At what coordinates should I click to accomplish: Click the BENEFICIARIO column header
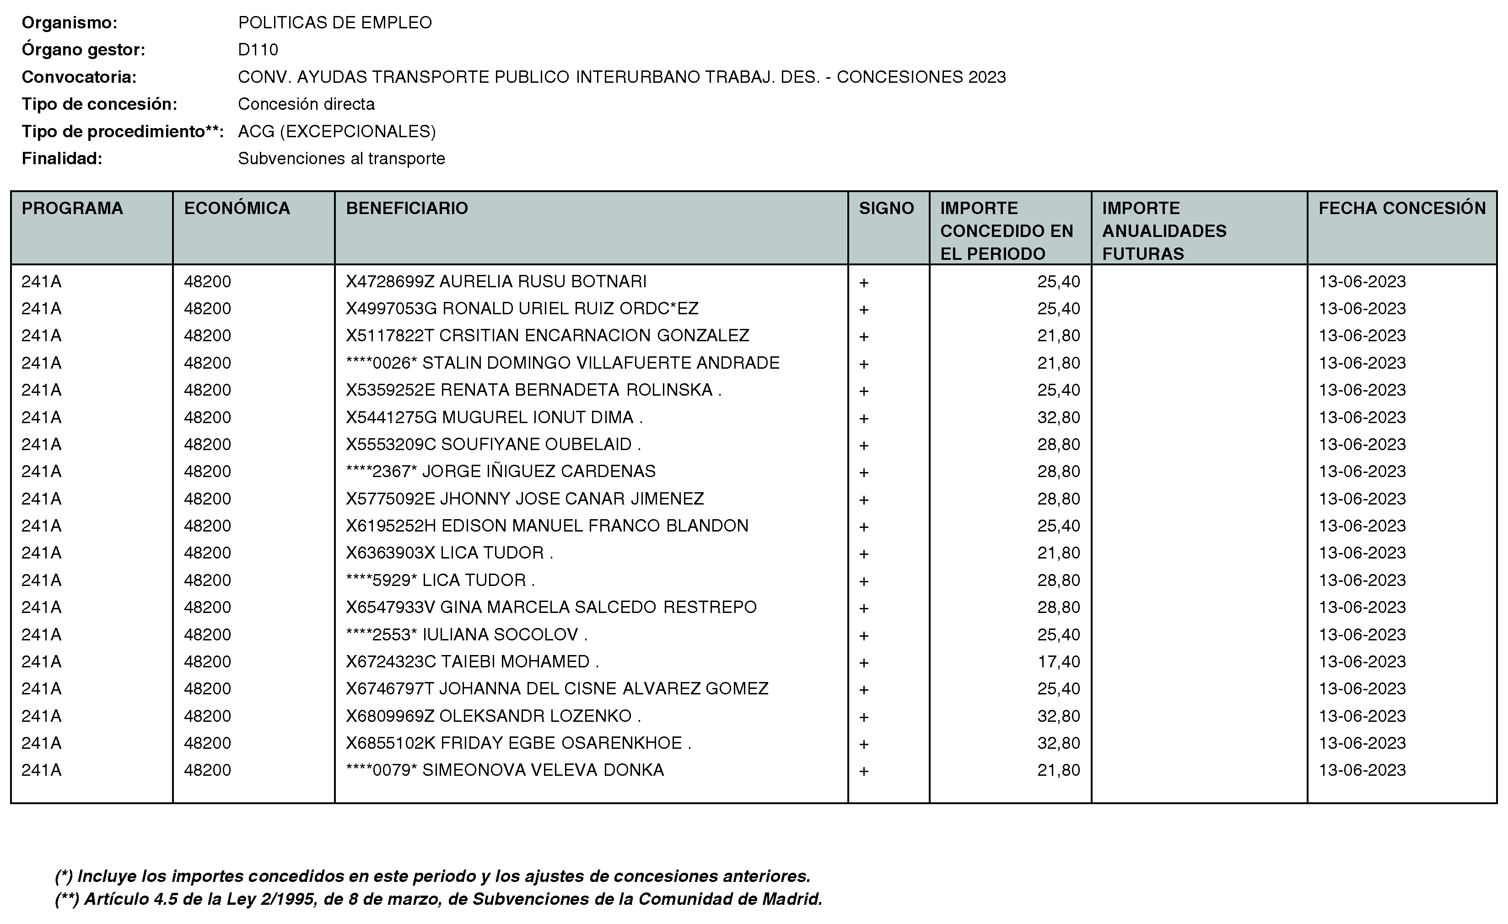tap(407, 209)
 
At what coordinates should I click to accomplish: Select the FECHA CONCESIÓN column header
tap(1401, 209)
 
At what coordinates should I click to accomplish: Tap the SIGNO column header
tap(886, 209)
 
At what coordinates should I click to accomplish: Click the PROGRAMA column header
tap(72, 209)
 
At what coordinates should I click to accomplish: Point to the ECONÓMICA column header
tap(237, 209)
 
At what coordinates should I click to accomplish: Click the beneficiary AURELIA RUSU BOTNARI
tap(496, 281)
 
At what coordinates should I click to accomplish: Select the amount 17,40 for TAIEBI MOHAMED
tap(1058, 661)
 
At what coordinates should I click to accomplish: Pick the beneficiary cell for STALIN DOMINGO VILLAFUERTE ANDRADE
tap(562, 363)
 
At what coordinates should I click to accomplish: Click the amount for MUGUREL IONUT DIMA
tap(1058, 417)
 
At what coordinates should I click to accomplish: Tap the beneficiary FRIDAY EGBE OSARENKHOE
tap(518, 743)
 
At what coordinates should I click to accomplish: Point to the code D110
tap(258, 49)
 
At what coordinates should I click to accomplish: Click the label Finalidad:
tap(62, 158)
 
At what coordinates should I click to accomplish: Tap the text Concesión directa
tap(306, 104)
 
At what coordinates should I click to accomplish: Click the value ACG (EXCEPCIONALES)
tap(337, 132)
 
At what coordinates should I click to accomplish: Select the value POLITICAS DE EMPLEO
tap(335, 22)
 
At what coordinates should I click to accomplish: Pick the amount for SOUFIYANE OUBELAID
tap(1058, 444)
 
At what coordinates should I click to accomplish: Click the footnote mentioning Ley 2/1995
tap(438, 899)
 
